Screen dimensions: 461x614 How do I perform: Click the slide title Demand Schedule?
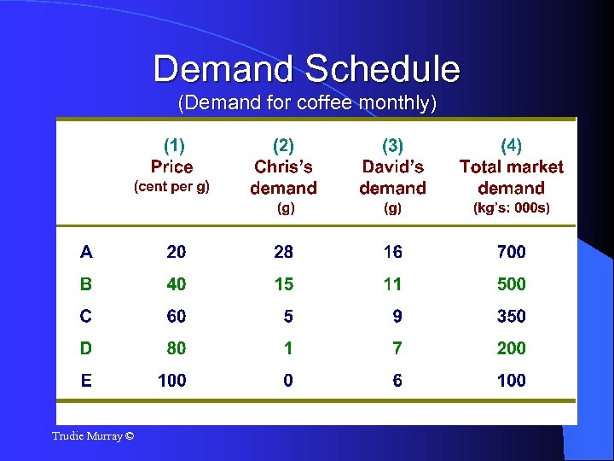306,68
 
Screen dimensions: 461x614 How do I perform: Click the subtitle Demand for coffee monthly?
307,104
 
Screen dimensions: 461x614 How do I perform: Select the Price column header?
172,166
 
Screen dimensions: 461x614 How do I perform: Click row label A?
86,252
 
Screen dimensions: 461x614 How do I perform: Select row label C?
86,316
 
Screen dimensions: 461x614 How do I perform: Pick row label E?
86,380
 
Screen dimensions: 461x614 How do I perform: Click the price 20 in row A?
177,252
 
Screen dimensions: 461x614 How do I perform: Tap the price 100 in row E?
172,380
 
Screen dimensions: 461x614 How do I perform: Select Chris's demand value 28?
283,252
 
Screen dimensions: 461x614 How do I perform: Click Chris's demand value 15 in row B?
283,283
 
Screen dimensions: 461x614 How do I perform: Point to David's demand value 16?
392,252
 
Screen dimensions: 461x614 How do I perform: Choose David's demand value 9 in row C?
397,316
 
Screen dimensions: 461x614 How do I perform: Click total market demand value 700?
512,252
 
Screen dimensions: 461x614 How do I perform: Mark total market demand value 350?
512,316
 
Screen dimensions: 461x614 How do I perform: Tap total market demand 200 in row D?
512,348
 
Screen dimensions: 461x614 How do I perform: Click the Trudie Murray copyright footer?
93,436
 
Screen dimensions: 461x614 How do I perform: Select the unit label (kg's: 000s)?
512,207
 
